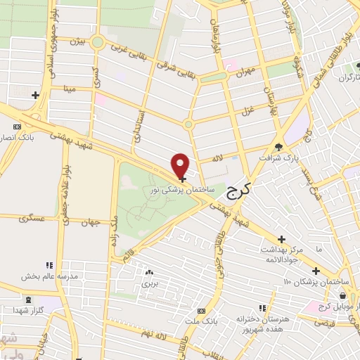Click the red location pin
click(181, 165)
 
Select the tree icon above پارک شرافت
click(279, 147)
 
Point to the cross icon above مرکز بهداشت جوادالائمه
click(282, 240)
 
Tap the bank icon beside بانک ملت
click(202, 310)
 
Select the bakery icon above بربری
click(148, 273)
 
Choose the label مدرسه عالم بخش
click(46, 276)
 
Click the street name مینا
click(69, 89)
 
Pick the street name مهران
click(244, 71)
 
